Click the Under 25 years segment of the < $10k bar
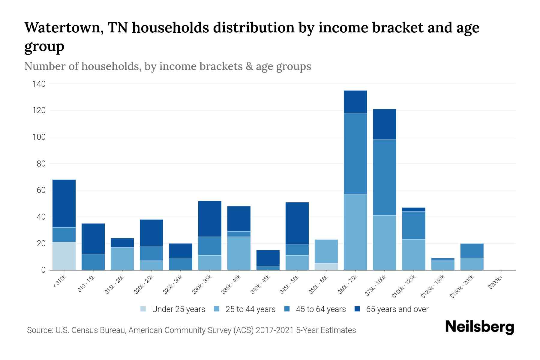pyautogui.click(x=64, y=256)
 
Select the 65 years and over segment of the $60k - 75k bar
pyautogui.click(x=355, y=102)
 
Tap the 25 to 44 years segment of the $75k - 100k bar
pyautogui.click(x=384, y=243)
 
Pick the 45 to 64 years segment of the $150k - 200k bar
pyautogui.click(x=472, y=251)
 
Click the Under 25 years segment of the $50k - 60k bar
pyautogui.click(x=326, y=267)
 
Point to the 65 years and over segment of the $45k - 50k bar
pyautogui.click(x=297, y=223)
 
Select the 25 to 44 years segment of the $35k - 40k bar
pyautogui.click(x=239, y=253)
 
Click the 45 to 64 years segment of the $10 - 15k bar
pyautogui.click(x=93, y=262)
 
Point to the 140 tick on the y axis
pyautogui.click(x=39, y=84)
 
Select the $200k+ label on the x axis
pyautogui.click(x=495, y=283)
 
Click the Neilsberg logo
pyautogui.click(x=479, y=327)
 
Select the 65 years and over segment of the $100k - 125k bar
pyautogui.click(x=413, y=209)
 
